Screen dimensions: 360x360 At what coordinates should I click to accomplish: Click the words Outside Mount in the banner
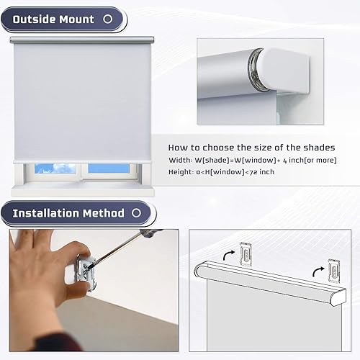point(53,19)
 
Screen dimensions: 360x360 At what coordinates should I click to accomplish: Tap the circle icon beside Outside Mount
point(111,19)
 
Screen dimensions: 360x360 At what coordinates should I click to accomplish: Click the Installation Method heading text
point(68,213)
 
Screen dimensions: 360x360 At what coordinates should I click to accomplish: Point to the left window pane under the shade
point(55,168)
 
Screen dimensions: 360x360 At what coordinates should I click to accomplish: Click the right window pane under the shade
point(109,168)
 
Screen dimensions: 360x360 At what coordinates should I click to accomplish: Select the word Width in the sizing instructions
point(180,159)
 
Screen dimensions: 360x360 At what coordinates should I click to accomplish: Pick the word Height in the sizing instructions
point(181,171)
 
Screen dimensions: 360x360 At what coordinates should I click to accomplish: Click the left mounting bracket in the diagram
point(247,252)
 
